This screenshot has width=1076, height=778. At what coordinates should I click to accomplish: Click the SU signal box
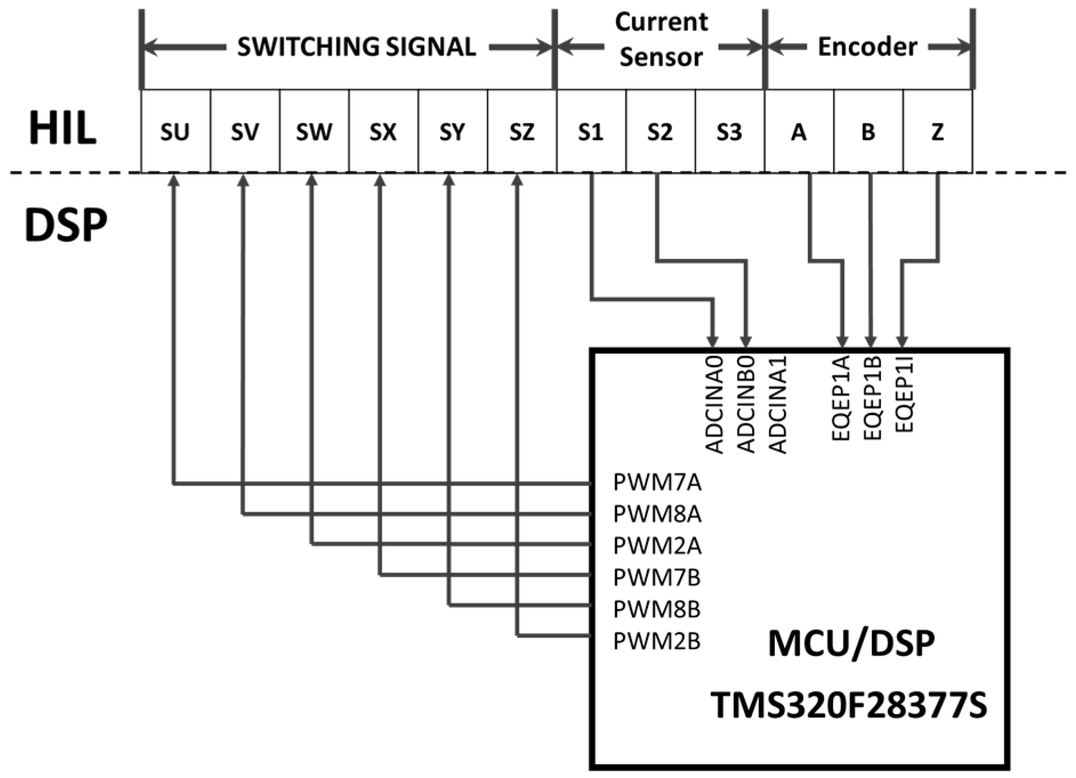pyautogui.click(x=175, y=131)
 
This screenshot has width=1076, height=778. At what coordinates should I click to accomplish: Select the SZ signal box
pyautogui.click(x=521, y=131)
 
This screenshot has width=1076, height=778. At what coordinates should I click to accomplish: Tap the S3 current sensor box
pyautogui.click(x=729, y=131)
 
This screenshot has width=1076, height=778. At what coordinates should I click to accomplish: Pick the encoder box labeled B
pyautogui.click(x=868, y=131)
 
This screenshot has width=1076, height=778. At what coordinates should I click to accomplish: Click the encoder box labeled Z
pyautogui.click(x=937, y=131)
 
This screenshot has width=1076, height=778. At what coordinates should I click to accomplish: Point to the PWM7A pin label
pyautogui.click(x=657, y=483)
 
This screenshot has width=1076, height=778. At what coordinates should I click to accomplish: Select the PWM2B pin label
pyautogui.click(x=657, y=642)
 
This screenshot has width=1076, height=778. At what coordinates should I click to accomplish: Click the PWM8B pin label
pyautogui.click(x=657, y=610)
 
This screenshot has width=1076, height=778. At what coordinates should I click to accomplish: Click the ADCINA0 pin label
pyautogui.click(x=715, y=404)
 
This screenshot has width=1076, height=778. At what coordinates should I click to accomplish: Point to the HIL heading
pyautogui.click(x=62, y=129)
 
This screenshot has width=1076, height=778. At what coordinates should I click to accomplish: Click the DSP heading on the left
pyautogui.click(x=66, y=225)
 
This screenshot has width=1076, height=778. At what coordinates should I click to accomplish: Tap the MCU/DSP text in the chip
pyautogui.click(x=851, y=644)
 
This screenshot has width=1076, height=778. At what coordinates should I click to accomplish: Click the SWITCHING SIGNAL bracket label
pyautogui.click(x=357, y=47)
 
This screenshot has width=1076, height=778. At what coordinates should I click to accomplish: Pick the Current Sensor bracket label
pyautogui.click(x=661, y=40)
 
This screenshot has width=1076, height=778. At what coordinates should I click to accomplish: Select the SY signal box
pyautogui.click(x=452, y=131)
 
